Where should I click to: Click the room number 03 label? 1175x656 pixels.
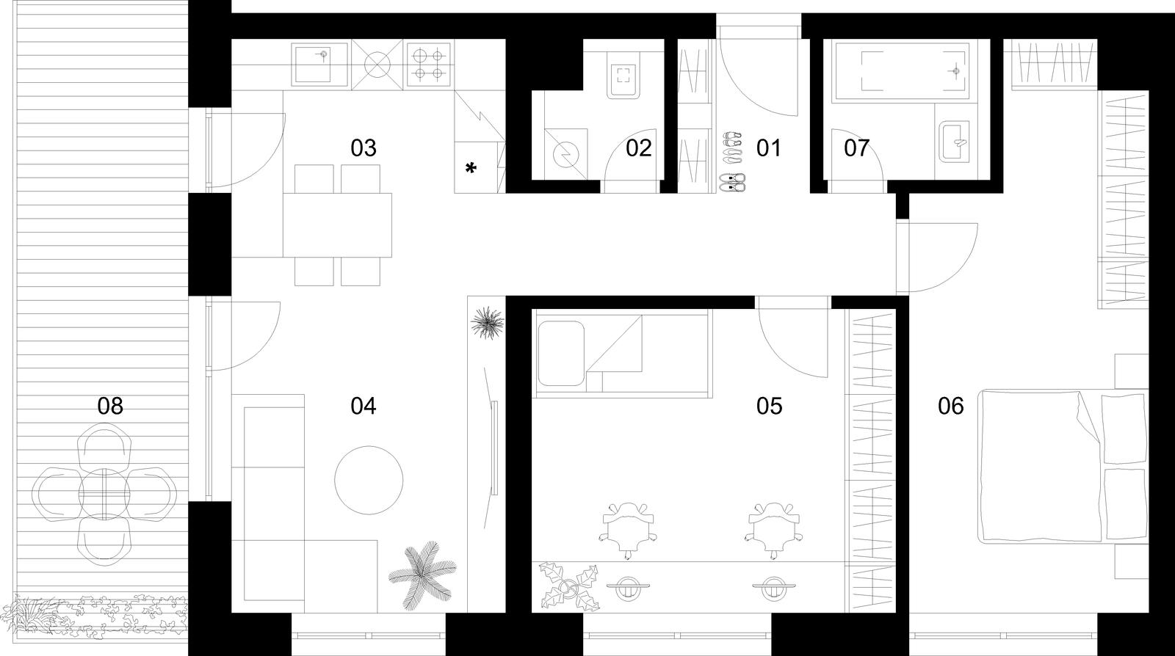363,148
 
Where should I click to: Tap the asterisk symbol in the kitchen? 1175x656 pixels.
471,168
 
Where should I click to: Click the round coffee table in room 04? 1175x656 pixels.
369,480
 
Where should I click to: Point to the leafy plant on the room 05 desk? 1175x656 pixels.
569,587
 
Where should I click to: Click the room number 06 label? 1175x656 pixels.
950,406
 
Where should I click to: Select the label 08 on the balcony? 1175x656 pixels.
110,406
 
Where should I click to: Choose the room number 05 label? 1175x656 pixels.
769,406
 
